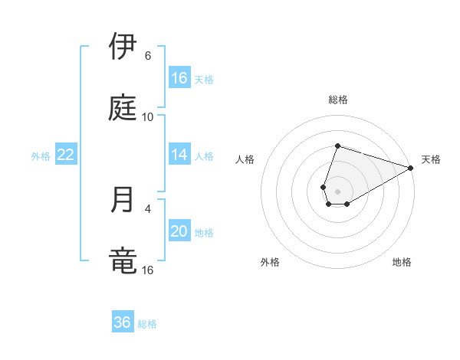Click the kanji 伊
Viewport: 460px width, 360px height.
pyautogui.click(x=123, y=47)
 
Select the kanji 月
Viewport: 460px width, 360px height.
pyautogui.click(x=123, y=199)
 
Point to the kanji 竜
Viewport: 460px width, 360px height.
pyautogui.click(x=123, y=260)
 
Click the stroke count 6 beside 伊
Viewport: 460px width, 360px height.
pyautogui.click(x=148, y=56)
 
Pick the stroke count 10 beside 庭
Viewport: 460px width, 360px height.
pyautogui.click(x=148, y=117)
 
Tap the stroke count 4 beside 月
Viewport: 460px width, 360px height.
pyautogui.click(x=148, y=208)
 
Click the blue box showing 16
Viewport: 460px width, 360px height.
pyautogui.click(x=179, y=78)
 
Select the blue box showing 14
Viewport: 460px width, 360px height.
pyautogui.click(x=179, y=155)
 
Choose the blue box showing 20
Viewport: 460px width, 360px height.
pyautogui.click(x=179, y=232)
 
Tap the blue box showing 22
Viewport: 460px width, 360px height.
pyautogui.click(x=66, y=155)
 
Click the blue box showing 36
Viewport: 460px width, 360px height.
pyautogui.click(x=123, y=322)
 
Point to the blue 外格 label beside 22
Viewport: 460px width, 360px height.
pyautogui.click(x=41, y=156)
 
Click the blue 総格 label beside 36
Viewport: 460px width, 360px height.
pyautogui.click(x=147, y=324)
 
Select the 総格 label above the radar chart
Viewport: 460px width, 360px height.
pyautogui.click(x=338, y=100)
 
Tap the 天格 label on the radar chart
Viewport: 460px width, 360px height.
pyautogui.click(x=431, y=159)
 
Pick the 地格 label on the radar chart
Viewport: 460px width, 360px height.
pyautogui.click(x=402, y=263)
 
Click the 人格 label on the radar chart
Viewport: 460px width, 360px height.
pyautogui.click(x=245, y=159)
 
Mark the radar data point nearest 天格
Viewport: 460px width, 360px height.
pyautogui.click(x=411, y=168)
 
